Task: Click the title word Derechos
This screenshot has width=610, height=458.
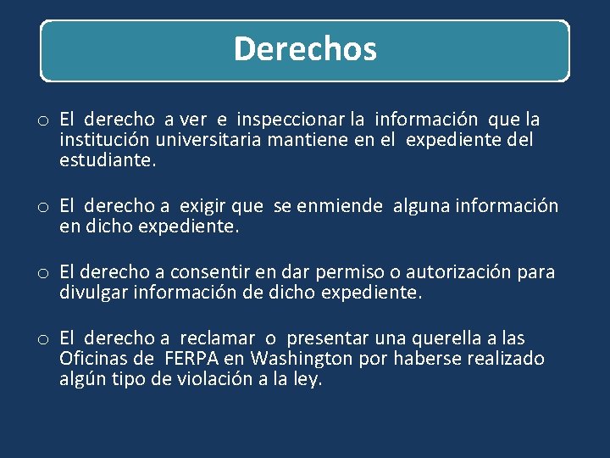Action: [x=305, y=49]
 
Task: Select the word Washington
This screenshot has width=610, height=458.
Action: [x=302, y=359]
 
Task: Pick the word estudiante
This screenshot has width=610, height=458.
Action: [x=108, y=160]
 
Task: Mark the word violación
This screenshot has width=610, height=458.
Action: [x=225, y=379]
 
